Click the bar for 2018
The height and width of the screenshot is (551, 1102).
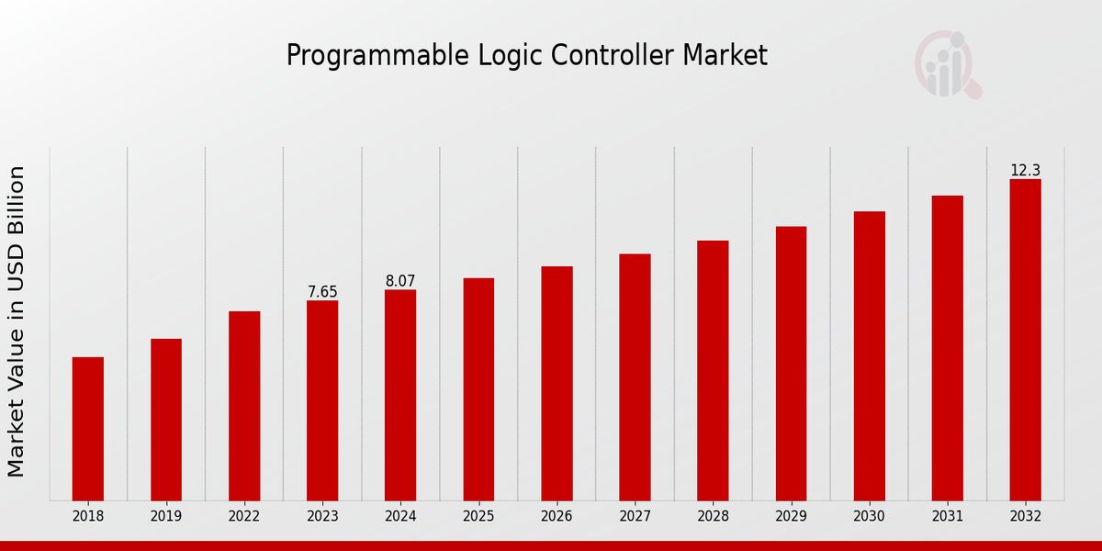88,429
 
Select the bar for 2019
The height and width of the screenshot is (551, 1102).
166,420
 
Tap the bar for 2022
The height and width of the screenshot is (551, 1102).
244,406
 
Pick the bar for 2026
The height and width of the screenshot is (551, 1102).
557,384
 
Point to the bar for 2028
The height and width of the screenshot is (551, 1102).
713,371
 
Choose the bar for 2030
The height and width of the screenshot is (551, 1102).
870,356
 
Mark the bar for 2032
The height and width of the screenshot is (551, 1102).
1026,340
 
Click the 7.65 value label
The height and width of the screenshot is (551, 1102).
322,292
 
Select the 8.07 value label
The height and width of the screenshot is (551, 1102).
400,281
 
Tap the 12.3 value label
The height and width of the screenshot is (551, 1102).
1026,171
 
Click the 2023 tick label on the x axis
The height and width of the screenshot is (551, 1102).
322,517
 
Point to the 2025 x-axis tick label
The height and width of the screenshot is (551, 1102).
478,517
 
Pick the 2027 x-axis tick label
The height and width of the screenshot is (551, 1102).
635,517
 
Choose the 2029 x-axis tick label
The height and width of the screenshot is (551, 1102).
791,517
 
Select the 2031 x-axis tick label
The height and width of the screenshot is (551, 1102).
948,517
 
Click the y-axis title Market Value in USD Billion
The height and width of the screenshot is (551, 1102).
17,321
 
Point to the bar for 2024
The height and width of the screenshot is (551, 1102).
400,395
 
